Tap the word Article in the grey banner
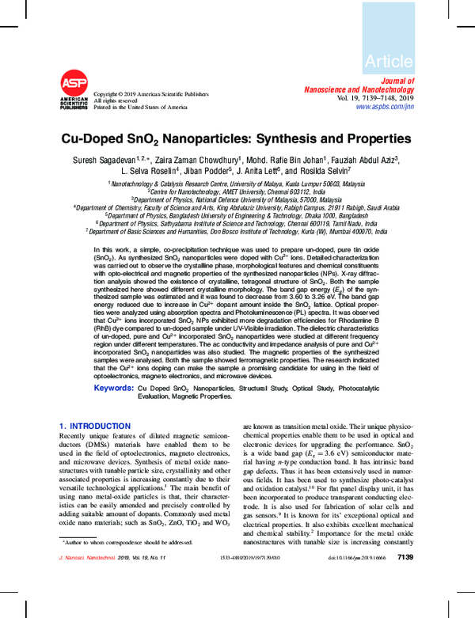(x=389, y=61)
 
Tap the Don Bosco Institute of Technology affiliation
(x=237, y=232)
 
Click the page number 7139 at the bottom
(x=405, y=603)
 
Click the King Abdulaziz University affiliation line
(x=237, y=208)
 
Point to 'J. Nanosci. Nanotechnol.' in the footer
(x=87, y=604)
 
